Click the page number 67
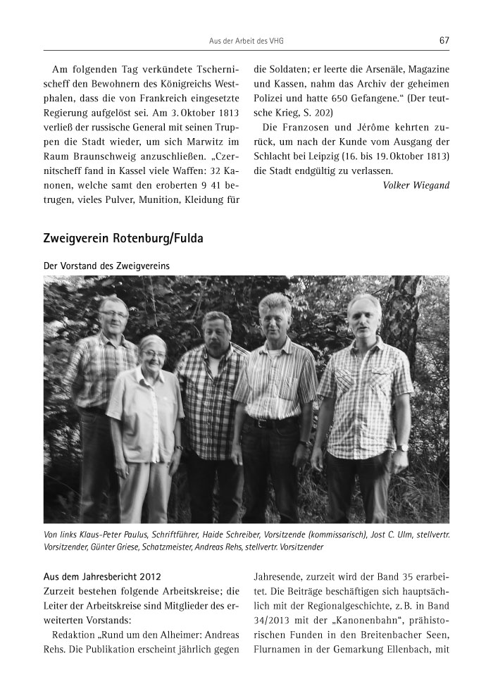pos(444,40)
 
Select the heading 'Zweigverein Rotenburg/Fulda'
pos(123,239)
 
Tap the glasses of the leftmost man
pos(113,313)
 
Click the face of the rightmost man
pos(364,315)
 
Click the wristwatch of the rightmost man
pos(403,447)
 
